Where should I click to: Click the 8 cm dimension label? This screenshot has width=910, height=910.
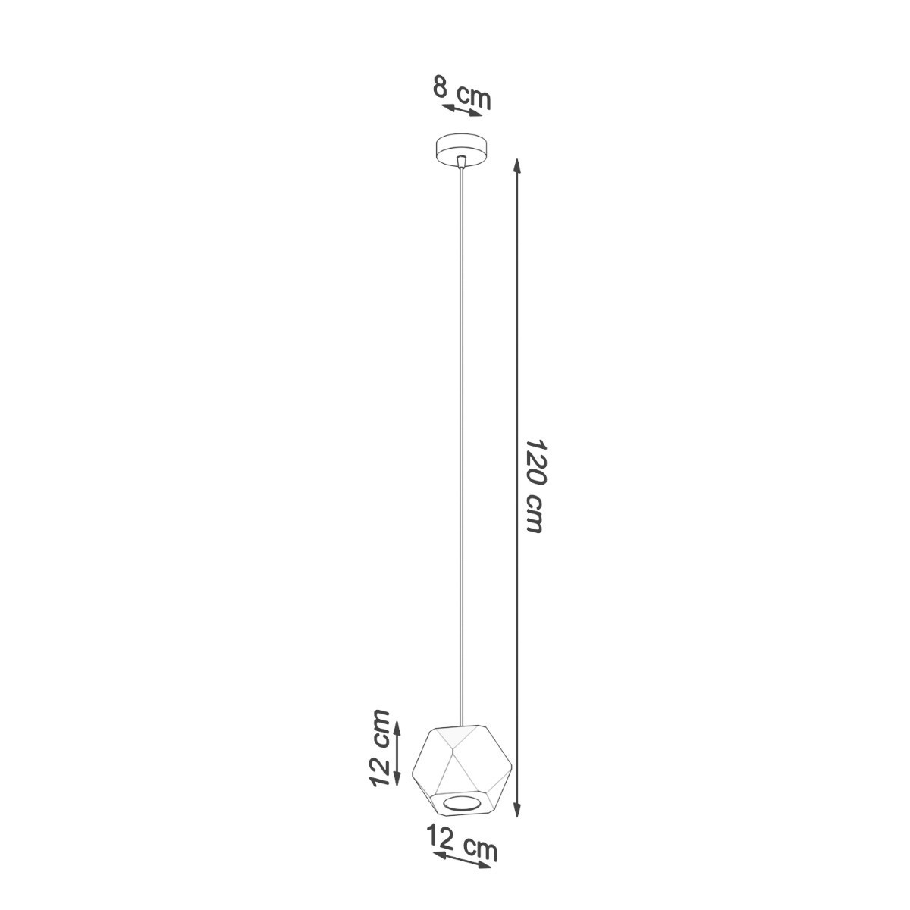pyautogui.click(x=462, y=93)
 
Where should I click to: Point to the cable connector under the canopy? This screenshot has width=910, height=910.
pyautogui.click(x=463, y=162)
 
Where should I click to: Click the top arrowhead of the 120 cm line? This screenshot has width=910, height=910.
pyautogui.click(x=517, y=166)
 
